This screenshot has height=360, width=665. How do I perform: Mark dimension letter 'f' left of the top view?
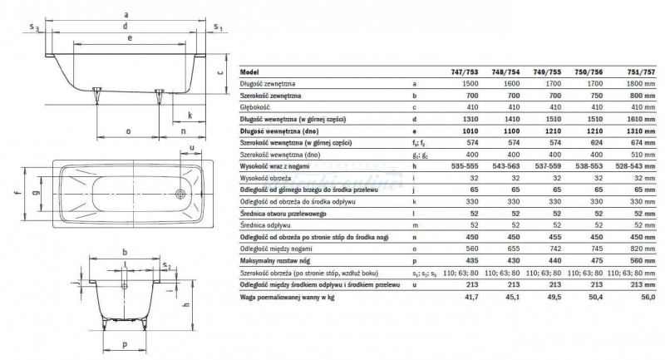pyautogui.click(x=15, y=194)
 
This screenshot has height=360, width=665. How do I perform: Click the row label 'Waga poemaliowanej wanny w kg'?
pyautogui.click(x=285, y=297)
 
